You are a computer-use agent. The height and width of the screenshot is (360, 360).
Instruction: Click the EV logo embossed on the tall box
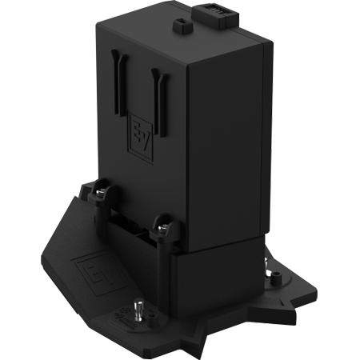pos(141,138)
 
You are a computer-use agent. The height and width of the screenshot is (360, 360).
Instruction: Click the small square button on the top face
pos(182,26)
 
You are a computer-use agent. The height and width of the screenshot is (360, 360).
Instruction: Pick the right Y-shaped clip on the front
pos(159,102)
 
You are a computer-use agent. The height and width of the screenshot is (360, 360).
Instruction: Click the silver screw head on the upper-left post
pos(100,192)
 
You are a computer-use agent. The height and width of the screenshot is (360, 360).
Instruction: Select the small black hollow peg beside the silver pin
pos(151,316)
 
